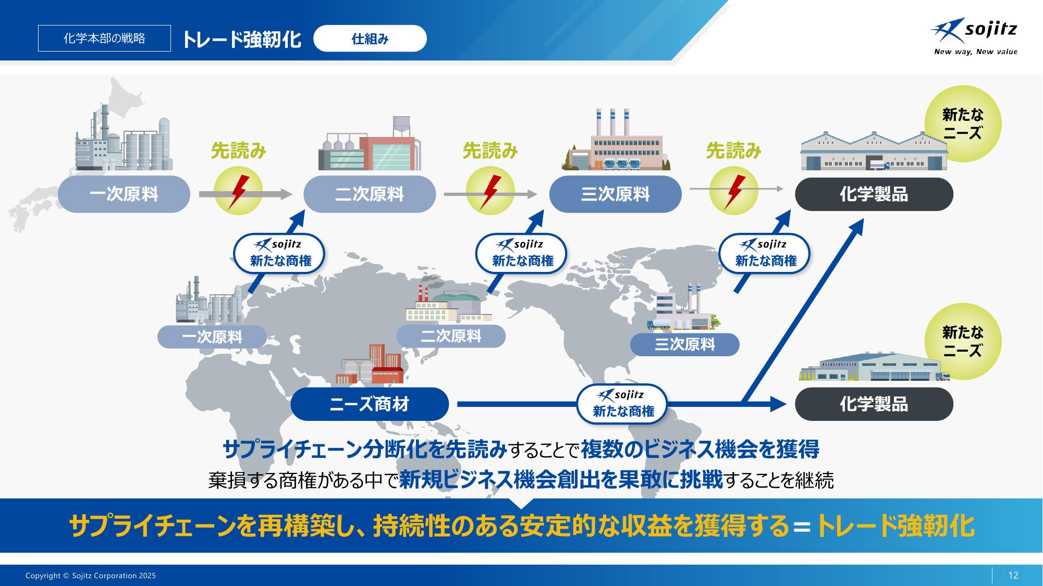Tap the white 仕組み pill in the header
click(370, 39)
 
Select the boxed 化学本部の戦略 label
click(104, 39)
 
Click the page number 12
click(1013, 575)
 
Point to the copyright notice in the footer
click(91, 576)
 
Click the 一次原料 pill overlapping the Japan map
click(124, 194)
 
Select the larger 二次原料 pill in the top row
click(370, 194)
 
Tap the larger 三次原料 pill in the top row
click(616, 194)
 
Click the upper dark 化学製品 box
click(874, 194)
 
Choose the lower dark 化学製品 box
click(874, 404)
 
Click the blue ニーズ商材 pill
click(370, 404)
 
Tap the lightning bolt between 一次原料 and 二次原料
click(239, 191)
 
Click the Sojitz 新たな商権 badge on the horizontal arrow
click(622, 404)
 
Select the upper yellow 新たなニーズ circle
click(963, 124)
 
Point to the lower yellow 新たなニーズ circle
click(963, 342)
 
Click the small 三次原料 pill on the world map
click(685, 344)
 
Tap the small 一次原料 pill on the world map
click(212, 337)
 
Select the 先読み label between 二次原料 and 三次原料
click(490, 151)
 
